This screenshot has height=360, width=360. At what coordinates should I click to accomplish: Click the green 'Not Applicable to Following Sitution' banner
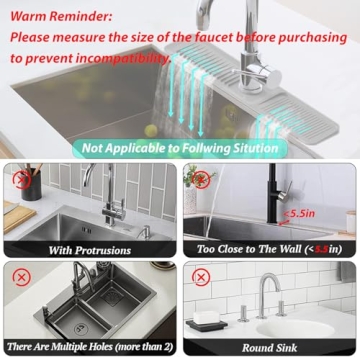point(179,148)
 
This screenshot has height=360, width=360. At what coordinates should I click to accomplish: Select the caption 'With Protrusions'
point(90,249)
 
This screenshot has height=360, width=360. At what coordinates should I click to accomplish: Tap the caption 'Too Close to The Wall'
point(255,249)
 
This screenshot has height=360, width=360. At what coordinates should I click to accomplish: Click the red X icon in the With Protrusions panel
point(20,179)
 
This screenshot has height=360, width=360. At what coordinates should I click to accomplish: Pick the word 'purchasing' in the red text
point(310,37)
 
